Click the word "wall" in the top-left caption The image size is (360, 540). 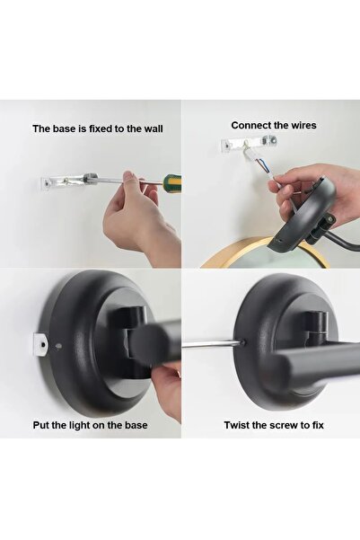(154, 128)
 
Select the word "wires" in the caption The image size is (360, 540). (303, 126)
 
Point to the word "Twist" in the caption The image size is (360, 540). (236, 425)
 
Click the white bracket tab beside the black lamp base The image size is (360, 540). (40, 345)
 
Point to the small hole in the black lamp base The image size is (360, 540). (58, 346)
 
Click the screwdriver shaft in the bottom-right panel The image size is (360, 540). (213, 344)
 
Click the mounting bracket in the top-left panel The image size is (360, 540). (68, 181)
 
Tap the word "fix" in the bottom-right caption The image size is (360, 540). (318, 425)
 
